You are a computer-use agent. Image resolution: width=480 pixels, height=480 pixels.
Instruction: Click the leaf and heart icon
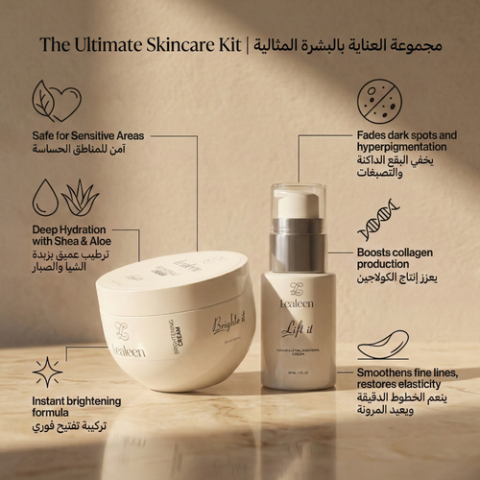pos(57,100)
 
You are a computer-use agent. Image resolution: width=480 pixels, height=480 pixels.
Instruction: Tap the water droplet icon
pos(44,198)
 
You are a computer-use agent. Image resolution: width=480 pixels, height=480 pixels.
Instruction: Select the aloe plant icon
pos(80,198)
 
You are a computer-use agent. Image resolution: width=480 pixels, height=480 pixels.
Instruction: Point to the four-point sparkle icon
pos(47,372)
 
